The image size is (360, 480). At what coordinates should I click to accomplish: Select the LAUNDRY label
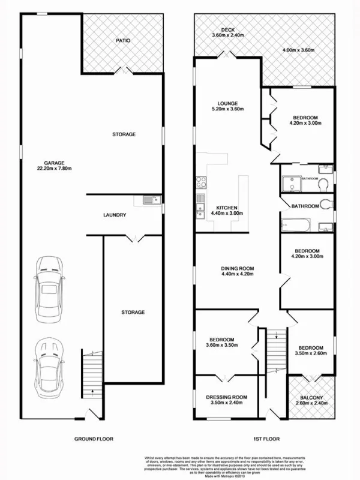(x=114, y=215)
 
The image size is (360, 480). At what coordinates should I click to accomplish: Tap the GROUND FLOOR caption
(x=93, y=439)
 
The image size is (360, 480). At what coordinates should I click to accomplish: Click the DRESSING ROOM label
(x=227, y=397)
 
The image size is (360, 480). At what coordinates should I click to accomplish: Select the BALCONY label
(x=311, y=398)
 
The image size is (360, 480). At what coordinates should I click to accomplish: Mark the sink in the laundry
(x=148, y=200)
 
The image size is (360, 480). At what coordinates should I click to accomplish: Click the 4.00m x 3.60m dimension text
(x=298, y=50)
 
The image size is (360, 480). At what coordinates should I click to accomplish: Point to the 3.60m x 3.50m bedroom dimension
(x=223, y=345)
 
